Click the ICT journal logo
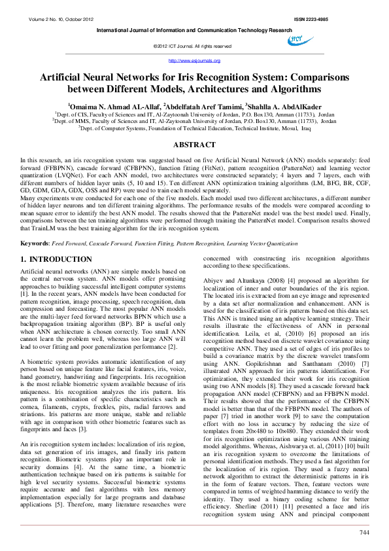[300, 41]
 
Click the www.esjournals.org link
[194, 60]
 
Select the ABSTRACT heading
[194, 145]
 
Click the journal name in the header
[194, 30]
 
